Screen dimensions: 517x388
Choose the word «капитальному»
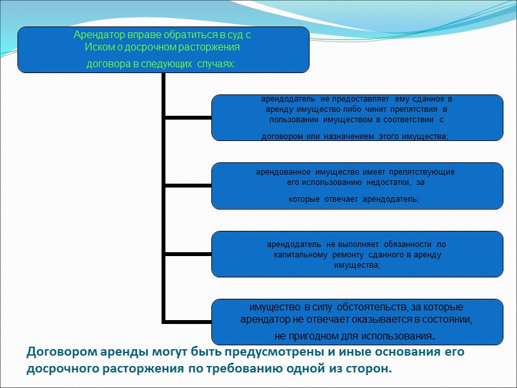tap(303, 255)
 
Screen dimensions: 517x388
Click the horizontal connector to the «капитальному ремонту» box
tap(188, 253)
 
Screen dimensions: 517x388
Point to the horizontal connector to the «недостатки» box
tap(188, 186)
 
